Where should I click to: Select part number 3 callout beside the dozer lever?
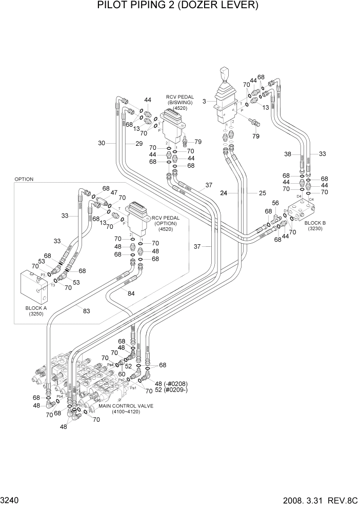click(x=204, y=102)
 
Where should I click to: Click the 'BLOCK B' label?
click(x=315, y=223)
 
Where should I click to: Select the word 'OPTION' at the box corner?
click(x=24, y=179)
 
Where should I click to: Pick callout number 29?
click(x=138, y=143)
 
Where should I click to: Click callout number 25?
click(x=263, y=193)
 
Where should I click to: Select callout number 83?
click(x=86, y=310)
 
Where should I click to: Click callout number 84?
click(x=131, y=293)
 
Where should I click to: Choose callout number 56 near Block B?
click(x=275, y=203)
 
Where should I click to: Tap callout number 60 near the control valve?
click(x=122, y=374)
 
